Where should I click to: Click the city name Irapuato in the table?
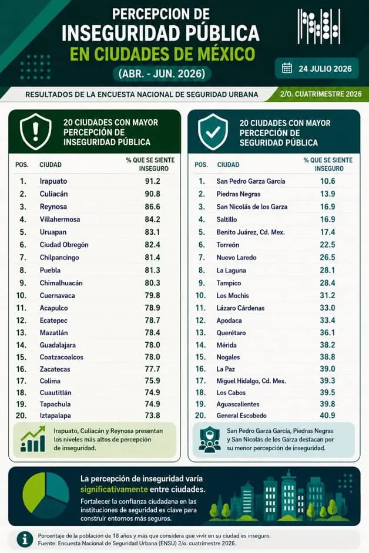point(53,181)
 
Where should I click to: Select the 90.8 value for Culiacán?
point(153,194)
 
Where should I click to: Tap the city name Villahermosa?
point(60,219)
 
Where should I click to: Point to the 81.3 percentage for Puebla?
point(153,270)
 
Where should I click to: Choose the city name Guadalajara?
point(58,345)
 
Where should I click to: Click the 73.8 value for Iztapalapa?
point(153,416)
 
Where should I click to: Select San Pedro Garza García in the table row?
point(251,181)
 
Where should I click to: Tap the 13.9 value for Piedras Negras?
point(327,194)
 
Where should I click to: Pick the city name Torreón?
point(228,245)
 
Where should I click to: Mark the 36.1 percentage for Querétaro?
point(327,333)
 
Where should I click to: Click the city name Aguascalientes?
point(238,404)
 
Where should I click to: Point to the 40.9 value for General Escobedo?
point(327,416)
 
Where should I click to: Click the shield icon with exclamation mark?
point(35,131)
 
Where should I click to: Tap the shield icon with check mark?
point(213,132)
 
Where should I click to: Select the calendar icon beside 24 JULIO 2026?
point(287,68)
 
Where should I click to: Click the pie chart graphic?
point(45,495)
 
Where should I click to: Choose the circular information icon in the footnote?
point(25,539)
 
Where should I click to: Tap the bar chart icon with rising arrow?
point(33,439)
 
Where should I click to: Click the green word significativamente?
point(114,490)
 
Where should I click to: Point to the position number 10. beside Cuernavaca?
point(21,295)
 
